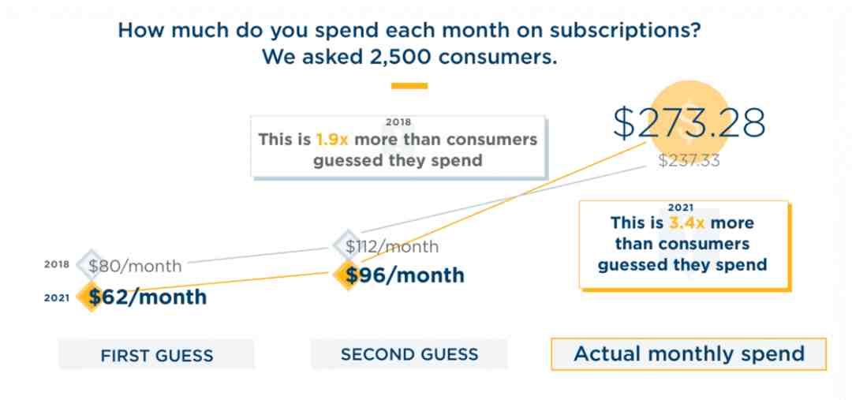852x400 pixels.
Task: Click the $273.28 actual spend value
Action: click(x=689, y=123)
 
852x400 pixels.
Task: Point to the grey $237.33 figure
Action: click(x=689, y=160)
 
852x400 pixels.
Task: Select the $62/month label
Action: click(x=148, y=297)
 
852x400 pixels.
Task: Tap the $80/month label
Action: click(x=136, y=267)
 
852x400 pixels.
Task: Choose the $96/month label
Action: click(x=405, y=275)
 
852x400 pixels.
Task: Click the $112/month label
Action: click(x=392, y=247)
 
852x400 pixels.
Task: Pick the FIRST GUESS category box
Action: click(x=156, y=355)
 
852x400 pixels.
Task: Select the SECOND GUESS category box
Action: click(x=409, y=354)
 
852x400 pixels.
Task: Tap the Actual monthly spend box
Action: click(x=689, y=353)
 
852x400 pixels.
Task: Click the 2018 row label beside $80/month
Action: click(x=57, y=265)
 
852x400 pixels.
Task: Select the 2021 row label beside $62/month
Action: click(x=57, y=297)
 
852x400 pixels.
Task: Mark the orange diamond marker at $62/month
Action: click(x=90, y=297)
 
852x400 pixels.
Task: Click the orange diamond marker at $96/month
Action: click(x=346, y=275)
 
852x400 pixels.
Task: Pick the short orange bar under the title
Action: click(x=409, y=85)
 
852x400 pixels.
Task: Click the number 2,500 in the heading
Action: click(x=395, y=57)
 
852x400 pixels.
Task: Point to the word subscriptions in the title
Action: click(x=624, y=31)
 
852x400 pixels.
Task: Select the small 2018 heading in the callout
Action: click(x=398, y=122)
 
